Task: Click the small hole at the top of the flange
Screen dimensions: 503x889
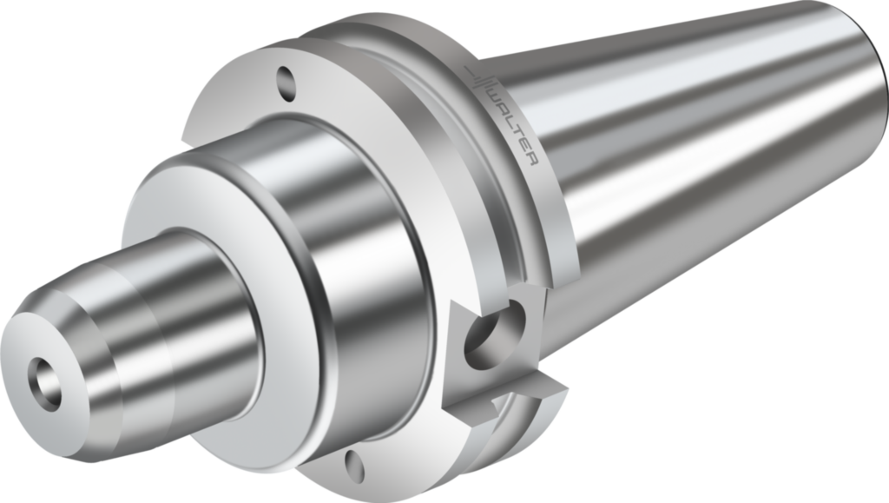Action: click(x=286, y=81)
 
